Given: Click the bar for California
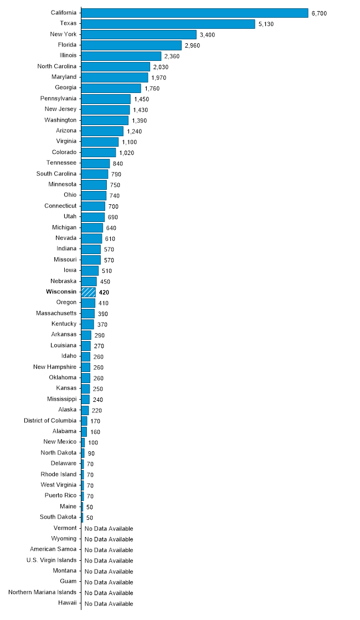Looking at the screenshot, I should click(x=194, y=13).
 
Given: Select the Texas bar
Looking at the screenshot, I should click(x=168, y=23).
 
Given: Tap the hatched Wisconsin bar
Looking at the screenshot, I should click(x=89, y=292).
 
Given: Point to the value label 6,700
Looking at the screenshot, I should click(x=320, y=13).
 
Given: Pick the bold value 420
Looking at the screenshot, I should click(x=104, y=292).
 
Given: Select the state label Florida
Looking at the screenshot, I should click(x=66, y=44).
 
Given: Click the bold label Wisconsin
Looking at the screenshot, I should click(x=61, y=292).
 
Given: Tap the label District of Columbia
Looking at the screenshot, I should click(x=50, y=421).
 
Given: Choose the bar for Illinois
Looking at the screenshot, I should click(x=121, y=56).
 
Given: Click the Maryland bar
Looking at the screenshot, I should click(x=115, y=77).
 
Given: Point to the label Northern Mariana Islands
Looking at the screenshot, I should click(x=43, y=592).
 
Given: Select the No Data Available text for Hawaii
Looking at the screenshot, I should click(x=109, y=604).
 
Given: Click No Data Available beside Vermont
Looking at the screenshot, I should click(x=109, y=529).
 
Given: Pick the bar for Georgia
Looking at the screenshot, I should click(x=111, y=88).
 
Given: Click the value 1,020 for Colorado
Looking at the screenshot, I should click(x=127, y=153).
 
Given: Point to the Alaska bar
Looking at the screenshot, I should click(x=85, y=410).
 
